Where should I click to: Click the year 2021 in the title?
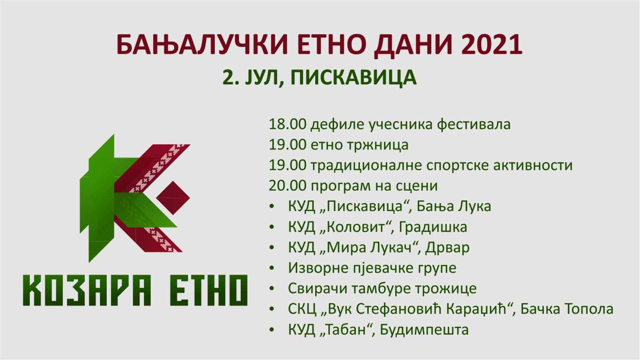coord(492,45)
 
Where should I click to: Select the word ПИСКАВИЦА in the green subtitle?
coord(354,77)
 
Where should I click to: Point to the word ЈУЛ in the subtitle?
coord(262,77)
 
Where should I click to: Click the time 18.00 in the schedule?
coord(288,124)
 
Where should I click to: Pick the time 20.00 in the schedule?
coord(288,186)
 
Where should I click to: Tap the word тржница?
coord(378,145)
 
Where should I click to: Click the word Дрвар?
coord(447,248)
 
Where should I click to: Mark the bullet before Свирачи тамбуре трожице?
coord(272,289)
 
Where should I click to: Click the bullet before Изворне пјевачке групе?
coord(272,268)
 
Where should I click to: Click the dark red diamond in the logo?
coord(173,198)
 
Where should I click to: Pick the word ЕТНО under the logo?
coord(209,290)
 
